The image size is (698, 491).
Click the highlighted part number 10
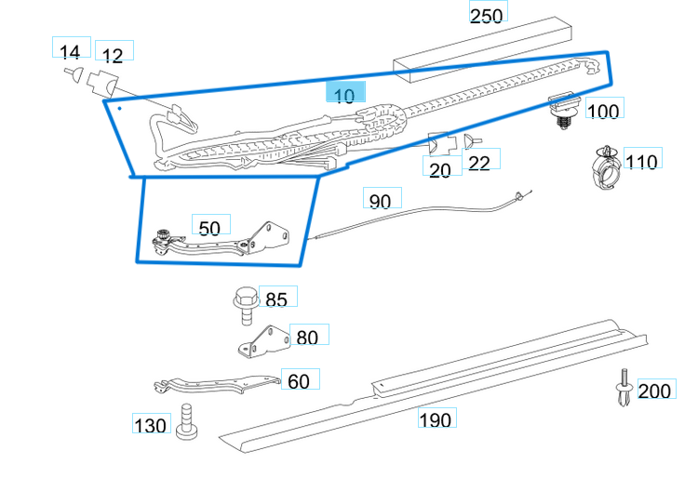[344, 93]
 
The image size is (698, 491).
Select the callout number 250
[486, 16]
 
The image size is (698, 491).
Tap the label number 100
[603, 112]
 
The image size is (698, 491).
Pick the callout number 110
[642, 161]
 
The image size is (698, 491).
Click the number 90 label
[381, 201]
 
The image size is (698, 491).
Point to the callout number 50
[210, 227]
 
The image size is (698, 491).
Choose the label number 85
[276, 299]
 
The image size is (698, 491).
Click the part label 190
[435, 419]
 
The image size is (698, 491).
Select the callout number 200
[655, 391]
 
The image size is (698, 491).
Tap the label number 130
[151, 426]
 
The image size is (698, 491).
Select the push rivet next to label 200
[623, 388]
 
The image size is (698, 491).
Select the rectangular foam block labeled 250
[480, 52]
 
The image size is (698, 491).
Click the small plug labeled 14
[73, 73]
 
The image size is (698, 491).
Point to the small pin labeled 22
[470, 141]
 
